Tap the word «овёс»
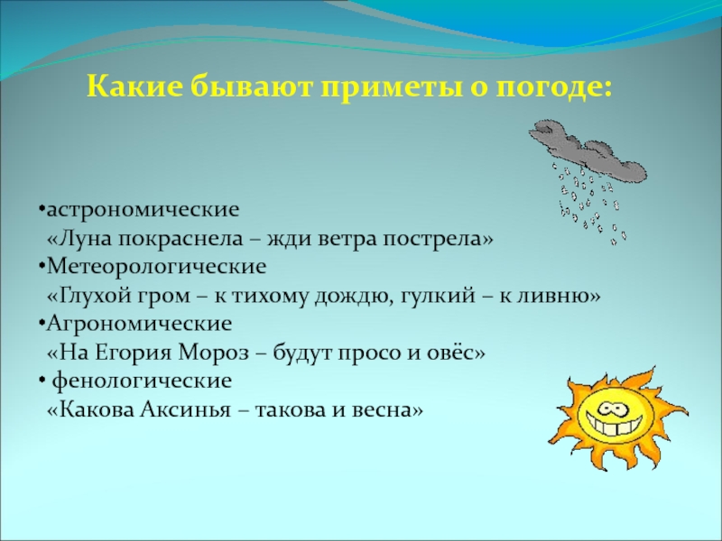pos(456,353)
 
